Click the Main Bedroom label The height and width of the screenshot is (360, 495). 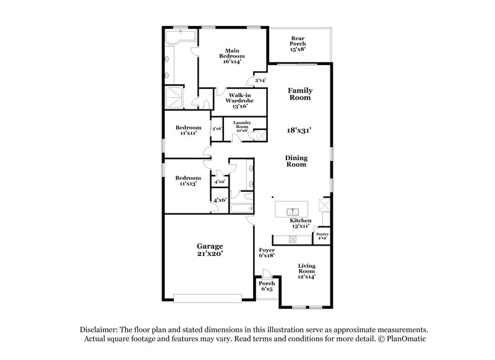[232, 56]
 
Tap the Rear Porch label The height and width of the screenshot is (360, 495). [298, 43]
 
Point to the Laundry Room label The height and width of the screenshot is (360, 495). [241, 126]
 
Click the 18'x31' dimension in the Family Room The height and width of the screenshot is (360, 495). [299, 131]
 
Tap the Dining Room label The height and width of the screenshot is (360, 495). [296, 161]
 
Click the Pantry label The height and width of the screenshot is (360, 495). [322, 236]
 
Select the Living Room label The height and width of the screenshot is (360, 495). [306, 271]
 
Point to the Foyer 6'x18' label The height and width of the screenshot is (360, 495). [267, 252]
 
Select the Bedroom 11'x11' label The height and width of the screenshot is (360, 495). [188, 130]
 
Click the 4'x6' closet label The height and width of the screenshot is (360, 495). [219, 200]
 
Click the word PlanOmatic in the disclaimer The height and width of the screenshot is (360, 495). [404, 339]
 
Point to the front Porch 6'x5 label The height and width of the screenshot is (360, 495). [267, 286]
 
